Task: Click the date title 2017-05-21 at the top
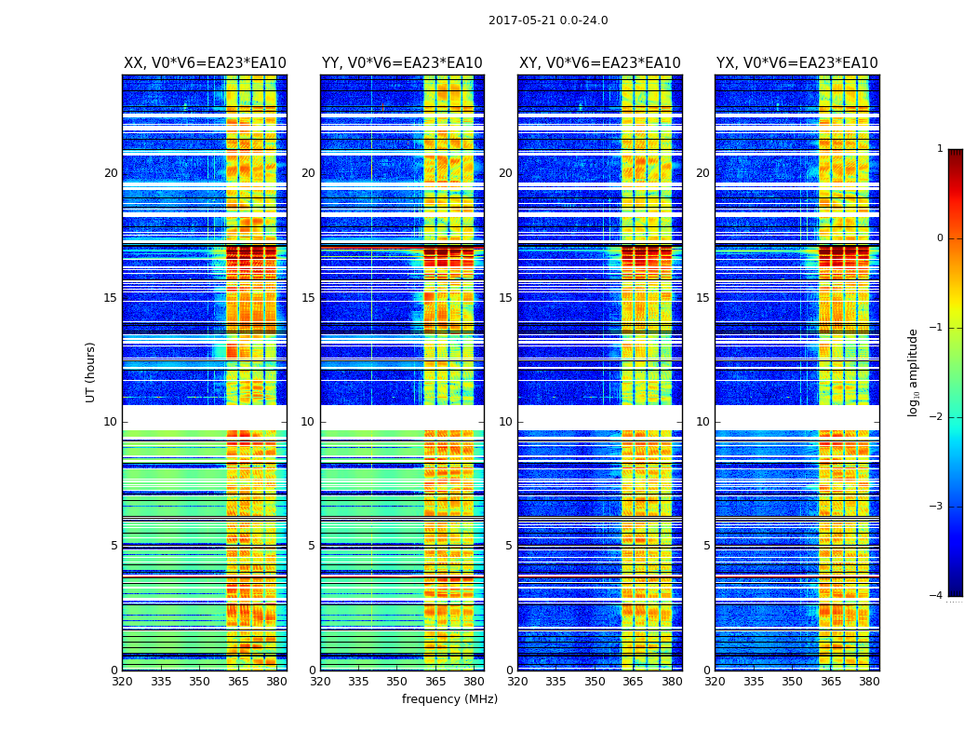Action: point(548,20)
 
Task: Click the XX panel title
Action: point(205,63)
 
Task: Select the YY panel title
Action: point(402,63)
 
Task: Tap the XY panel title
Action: point(599,63)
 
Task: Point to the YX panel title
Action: point(796,63)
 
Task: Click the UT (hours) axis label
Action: point(90,372)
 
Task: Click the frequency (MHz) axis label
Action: point(449,699)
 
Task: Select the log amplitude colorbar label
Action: point(914,372)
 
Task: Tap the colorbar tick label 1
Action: point(939,149)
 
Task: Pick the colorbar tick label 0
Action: point(939,238)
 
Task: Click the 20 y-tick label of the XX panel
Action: point(111,173)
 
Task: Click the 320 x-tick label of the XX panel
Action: point(123,682)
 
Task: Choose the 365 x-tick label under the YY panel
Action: point(435,682)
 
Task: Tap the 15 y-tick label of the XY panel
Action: point(505,298)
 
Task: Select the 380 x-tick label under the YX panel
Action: point(869,682)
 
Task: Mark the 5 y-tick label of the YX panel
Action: point(706,546)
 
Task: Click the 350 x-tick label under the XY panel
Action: point(595,682)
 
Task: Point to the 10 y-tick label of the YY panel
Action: point(308,422)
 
